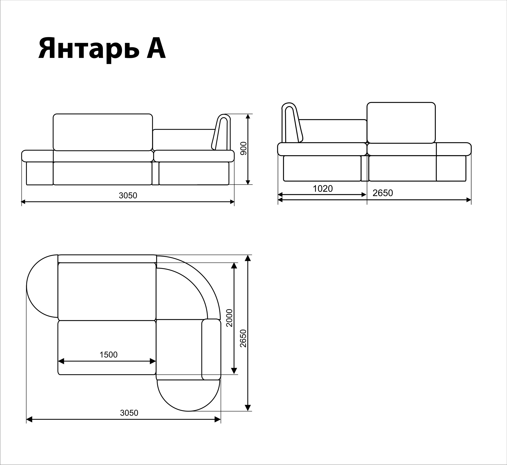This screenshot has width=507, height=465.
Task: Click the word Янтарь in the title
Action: point(89,49)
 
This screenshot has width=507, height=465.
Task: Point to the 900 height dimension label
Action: point(244,148)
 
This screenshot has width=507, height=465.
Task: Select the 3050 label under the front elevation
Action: point(128,195)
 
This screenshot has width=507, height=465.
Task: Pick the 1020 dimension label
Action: point(323,188)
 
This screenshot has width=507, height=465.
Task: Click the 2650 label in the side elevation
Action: point(383,193)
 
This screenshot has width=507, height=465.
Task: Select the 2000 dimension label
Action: point(229,318)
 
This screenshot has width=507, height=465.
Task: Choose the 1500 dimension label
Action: point(108,355)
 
